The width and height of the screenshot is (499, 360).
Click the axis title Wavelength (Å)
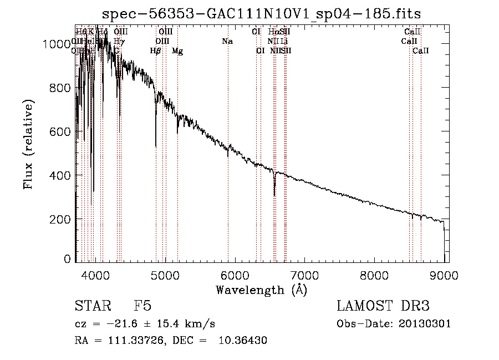[261, 289]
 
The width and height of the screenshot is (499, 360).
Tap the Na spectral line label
[227, 42]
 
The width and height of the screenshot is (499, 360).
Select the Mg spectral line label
[177, 51]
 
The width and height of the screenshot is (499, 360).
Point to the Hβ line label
[156, 51]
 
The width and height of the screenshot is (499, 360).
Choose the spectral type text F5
[142, 306]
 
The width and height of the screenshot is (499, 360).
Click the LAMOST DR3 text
[383, 306]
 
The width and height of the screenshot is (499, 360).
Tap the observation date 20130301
[424, 324]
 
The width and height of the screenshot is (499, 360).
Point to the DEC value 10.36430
[243, 341]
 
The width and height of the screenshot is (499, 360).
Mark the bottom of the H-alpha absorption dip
[274, 195]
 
